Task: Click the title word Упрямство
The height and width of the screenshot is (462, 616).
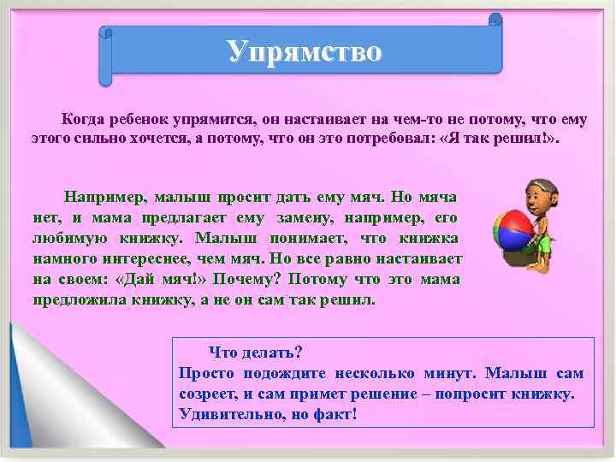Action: (305, 51)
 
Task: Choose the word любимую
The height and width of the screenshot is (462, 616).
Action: (68, 238)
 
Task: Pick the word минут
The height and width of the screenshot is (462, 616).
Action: (451, 374)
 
